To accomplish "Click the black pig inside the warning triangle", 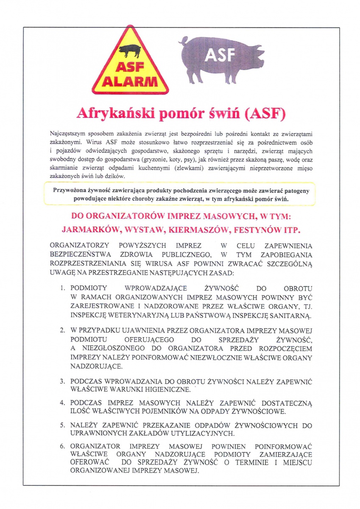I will coord(130,50).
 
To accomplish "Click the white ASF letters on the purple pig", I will coord(220,56).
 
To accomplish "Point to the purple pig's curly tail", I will coord(184,41).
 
